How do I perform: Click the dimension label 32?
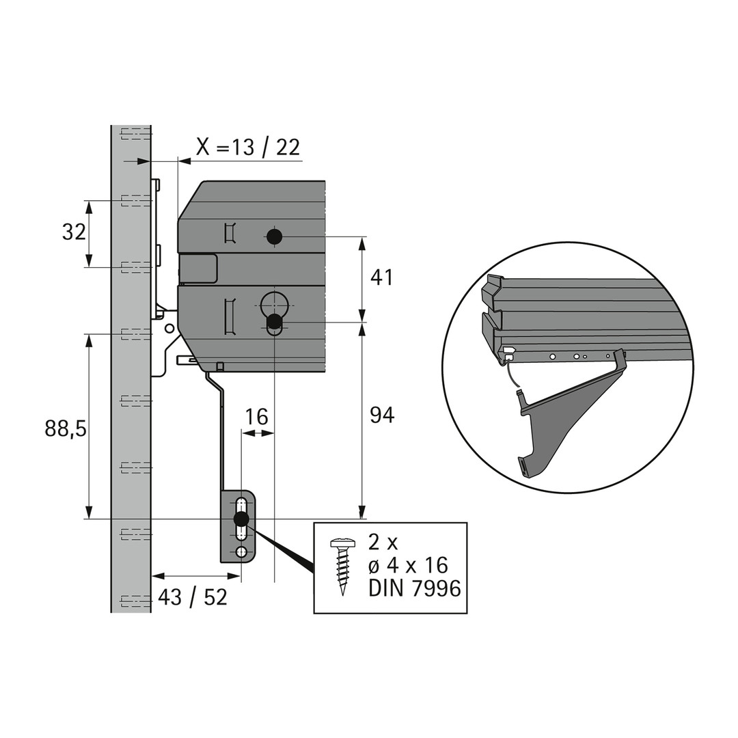(74, 232)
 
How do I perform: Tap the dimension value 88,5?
(66, 428)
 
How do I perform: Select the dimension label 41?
(382, 277)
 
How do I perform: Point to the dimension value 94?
(382, 415)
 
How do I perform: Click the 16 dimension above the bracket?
(257, 417)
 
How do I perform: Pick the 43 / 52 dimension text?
(192, 598)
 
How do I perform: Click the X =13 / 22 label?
(248, 148)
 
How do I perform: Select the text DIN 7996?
(415, 588)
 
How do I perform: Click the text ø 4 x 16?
(408, 565)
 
